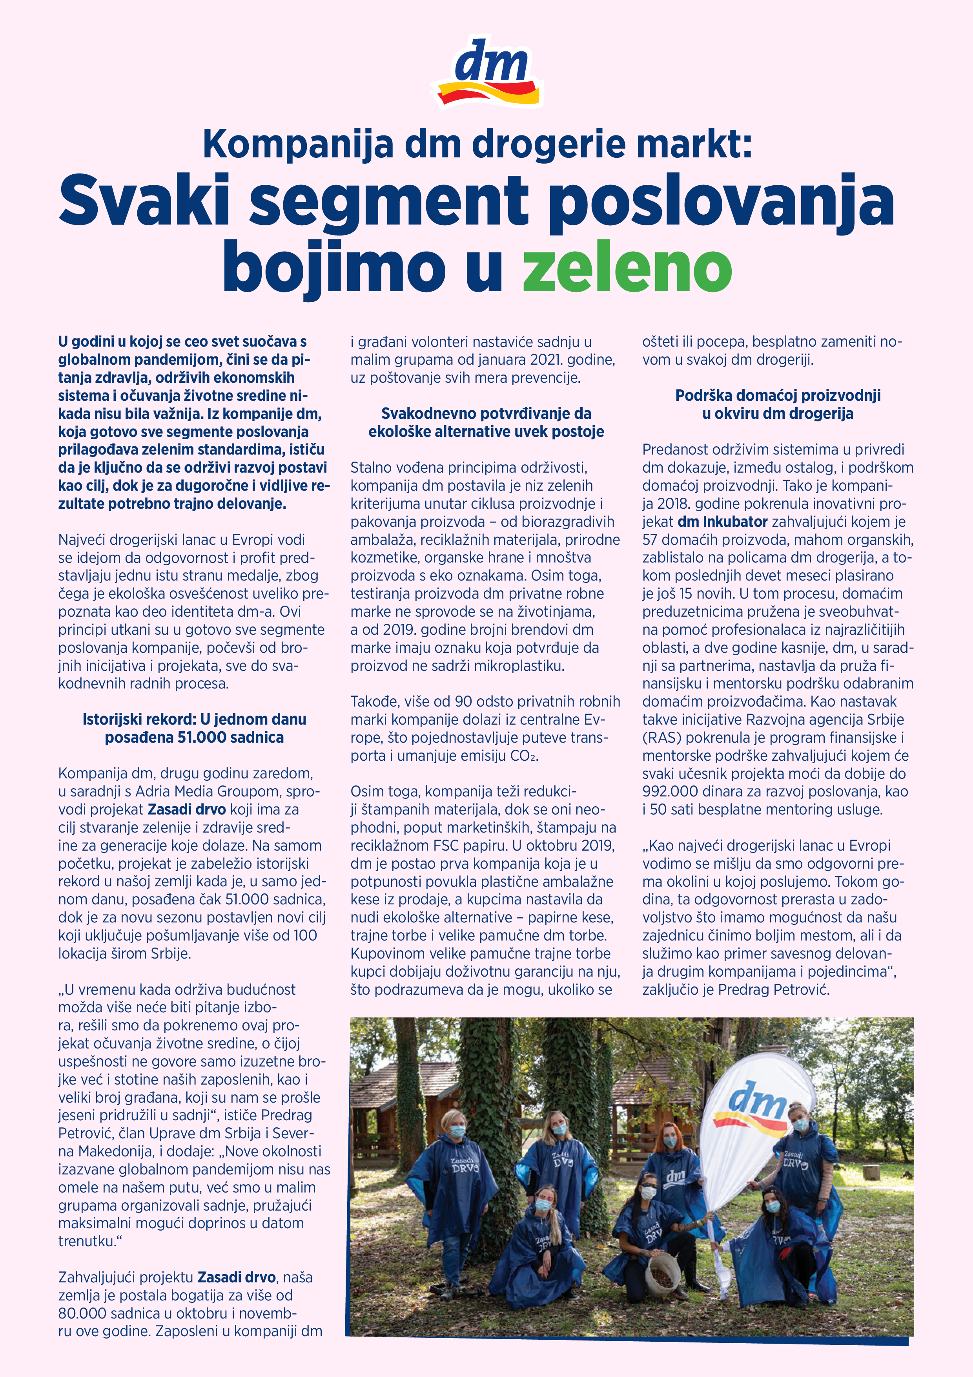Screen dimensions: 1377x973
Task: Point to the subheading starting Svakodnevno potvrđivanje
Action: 486,422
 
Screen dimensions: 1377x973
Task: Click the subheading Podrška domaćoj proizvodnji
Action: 778,404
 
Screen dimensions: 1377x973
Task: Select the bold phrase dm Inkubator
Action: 722,522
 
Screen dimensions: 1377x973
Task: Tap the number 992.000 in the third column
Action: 670,792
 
